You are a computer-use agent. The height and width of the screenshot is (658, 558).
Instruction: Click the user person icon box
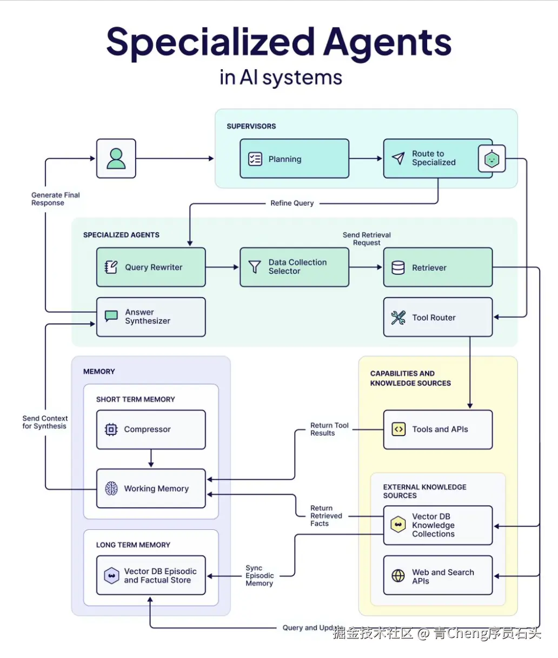116,159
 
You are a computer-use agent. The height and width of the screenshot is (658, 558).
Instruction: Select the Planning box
294,159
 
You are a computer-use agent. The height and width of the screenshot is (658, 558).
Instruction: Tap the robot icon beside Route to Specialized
491,159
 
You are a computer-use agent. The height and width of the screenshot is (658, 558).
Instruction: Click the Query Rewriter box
151,267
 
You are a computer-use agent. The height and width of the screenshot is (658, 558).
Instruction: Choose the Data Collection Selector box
294,267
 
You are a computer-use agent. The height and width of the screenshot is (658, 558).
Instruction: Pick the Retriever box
437,267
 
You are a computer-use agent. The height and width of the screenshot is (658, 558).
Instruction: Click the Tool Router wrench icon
398,318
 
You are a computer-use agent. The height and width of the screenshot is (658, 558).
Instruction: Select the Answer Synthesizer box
151,317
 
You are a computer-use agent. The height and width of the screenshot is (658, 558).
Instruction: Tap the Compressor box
151,430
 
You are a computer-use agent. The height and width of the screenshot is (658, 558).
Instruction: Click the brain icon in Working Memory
111,489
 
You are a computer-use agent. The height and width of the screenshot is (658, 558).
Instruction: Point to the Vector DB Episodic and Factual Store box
151,575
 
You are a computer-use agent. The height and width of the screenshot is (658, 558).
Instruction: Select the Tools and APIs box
437,430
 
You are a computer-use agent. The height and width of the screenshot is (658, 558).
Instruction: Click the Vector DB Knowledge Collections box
437,525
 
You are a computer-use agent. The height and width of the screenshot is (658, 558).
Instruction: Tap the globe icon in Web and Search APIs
398,576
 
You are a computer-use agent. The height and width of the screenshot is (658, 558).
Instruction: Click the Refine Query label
292,203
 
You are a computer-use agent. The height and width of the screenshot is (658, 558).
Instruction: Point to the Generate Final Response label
55,199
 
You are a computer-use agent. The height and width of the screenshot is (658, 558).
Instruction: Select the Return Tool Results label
329,429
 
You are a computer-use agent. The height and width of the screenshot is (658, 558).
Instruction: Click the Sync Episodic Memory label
260,576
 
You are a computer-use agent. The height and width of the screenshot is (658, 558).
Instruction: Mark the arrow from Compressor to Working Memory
151,458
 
